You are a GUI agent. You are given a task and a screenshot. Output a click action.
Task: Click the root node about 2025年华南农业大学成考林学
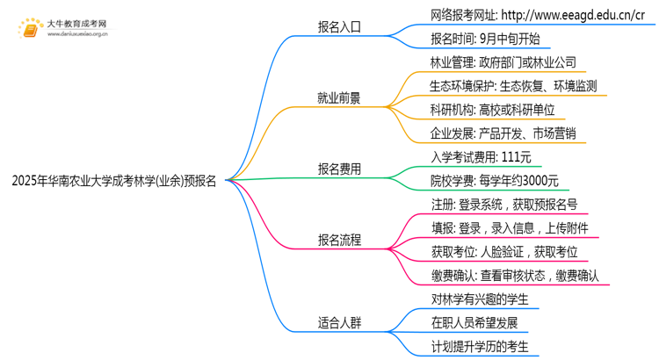coord(115,183)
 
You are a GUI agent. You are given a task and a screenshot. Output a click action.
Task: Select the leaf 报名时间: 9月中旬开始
coord(484,39)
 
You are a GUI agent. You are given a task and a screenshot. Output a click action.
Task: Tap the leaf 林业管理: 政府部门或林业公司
coord(503,62)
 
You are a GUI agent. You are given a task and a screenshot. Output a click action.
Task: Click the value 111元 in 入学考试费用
coord(513,157)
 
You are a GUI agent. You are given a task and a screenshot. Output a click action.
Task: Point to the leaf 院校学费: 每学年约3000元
coord(494,181)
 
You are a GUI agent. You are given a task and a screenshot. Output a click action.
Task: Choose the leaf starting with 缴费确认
coord(514,276)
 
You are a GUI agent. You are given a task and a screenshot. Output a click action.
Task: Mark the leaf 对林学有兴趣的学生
coord(479,299)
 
